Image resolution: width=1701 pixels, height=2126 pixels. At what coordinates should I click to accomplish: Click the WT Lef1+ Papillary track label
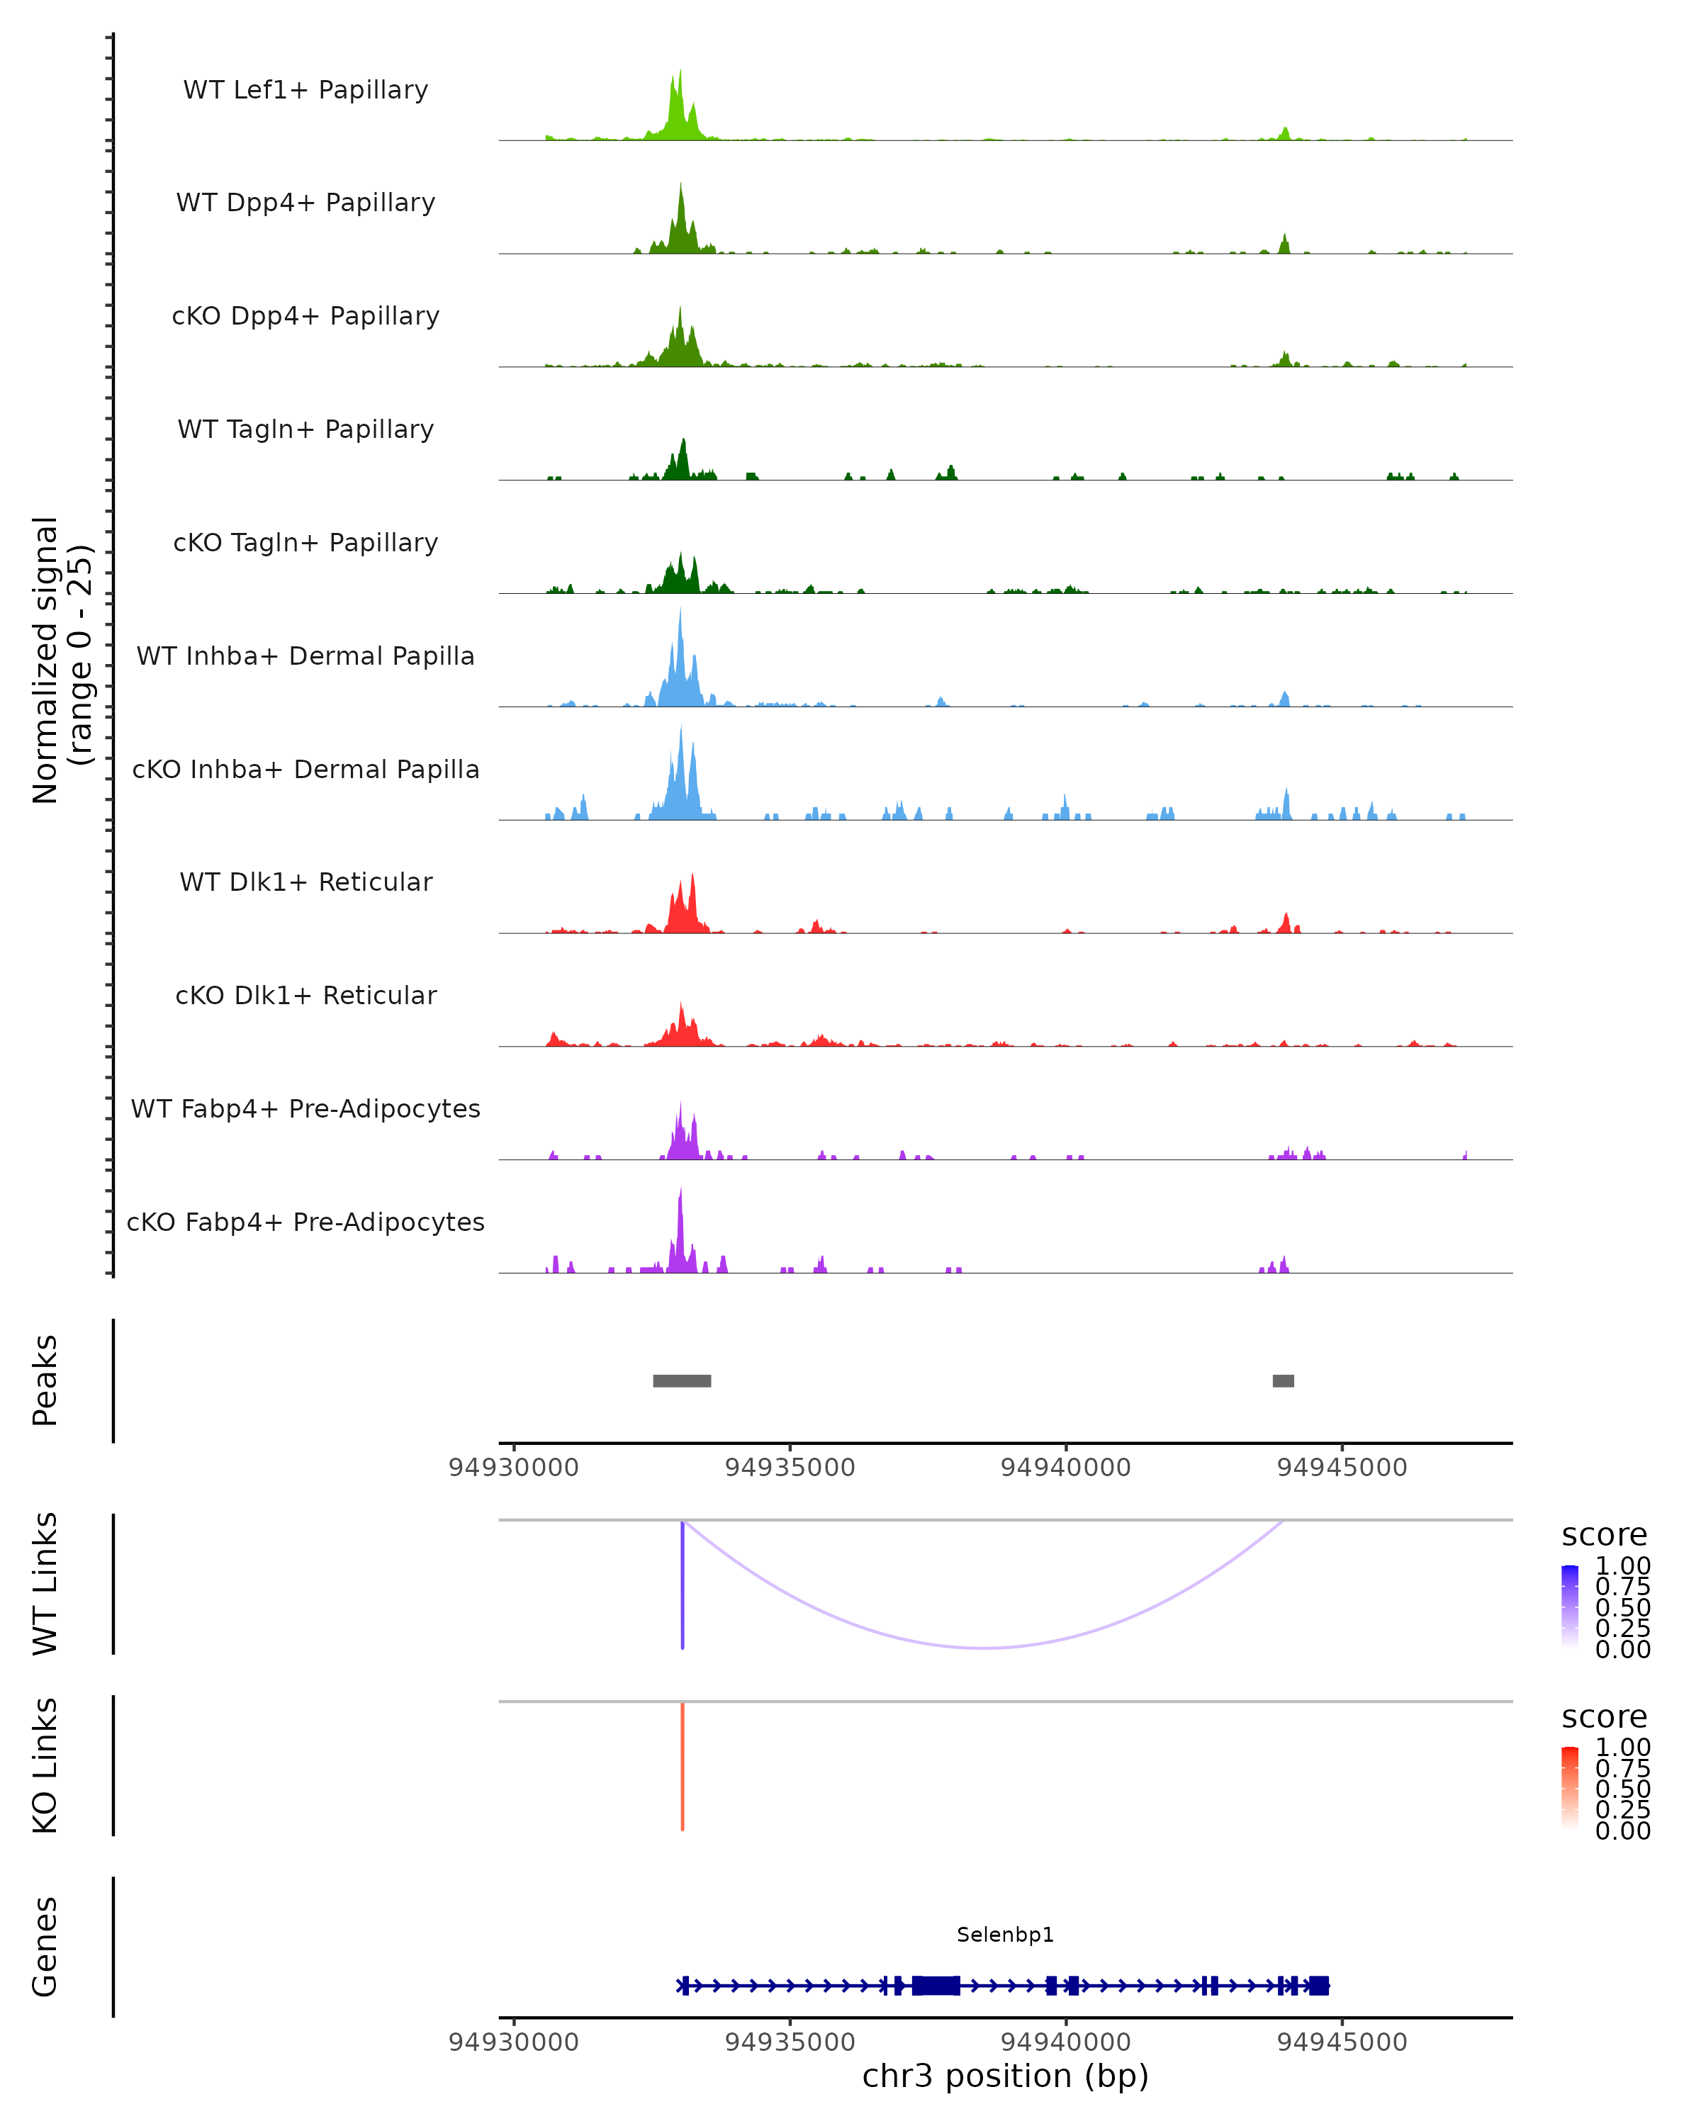coord(305,90)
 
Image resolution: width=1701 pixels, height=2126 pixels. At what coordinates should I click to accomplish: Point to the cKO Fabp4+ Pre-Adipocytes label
coord(305,1222)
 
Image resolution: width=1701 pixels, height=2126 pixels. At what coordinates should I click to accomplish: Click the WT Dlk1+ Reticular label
coord(305,882)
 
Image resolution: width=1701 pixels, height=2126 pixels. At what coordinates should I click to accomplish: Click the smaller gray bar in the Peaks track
coord(1283,1380)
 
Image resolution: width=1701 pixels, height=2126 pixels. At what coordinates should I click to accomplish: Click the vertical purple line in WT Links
coord(683,1585)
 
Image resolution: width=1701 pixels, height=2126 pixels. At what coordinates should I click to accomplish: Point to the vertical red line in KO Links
coord(683,1765)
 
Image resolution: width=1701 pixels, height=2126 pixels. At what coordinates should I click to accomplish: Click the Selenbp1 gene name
coord(1005,1935)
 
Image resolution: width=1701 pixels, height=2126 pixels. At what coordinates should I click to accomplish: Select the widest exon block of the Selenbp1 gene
coord(936,1985)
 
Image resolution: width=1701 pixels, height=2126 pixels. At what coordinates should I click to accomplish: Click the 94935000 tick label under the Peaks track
coord(790,1468)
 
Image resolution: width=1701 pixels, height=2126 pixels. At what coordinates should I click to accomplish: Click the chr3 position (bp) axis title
coord(1005,2076)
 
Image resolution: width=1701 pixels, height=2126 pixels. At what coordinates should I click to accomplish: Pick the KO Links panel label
coord(45,1765)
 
